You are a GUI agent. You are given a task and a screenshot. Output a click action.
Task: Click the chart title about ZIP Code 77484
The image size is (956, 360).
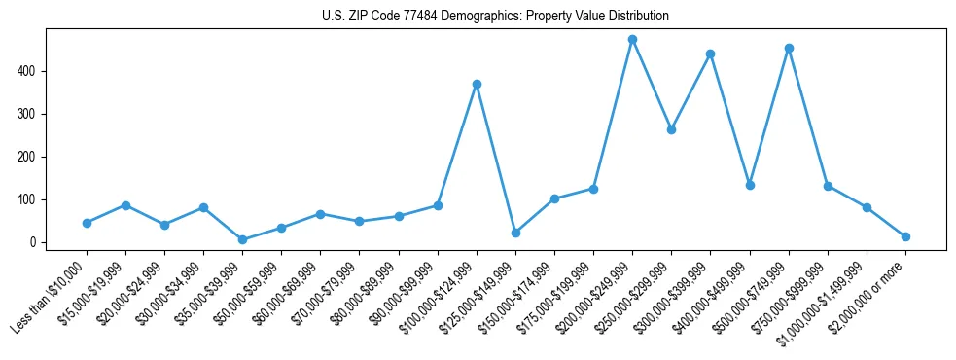pos(495,17)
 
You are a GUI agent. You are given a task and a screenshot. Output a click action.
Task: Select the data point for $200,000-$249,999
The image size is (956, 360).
pos(632,40)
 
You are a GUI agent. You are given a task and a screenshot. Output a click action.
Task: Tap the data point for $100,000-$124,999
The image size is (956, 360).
pos(477,84)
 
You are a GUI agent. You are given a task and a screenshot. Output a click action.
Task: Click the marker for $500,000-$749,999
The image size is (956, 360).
pos(789,48)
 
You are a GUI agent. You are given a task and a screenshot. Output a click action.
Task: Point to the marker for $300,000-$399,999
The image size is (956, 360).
pos(710,54)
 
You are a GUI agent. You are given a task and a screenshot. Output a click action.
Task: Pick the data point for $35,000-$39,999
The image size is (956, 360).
pos(242,239)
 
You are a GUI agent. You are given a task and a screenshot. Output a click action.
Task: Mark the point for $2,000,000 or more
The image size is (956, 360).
pos(905,236)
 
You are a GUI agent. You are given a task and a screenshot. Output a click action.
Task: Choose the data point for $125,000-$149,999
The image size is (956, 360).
pos(515,233)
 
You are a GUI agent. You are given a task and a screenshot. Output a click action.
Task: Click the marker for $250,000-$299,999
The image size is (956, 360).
pos(671,129)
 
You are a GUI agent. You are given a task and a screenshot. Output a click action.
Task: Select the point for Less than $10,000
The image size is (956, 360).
pos(87,223)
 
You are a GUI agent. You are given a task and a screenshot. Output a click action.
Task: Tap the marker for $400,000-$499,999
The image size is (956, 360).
pos(750,185)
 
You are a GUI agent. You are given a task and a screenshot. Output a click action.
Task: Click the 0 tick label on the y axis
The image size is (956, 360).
pos(35,242)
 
